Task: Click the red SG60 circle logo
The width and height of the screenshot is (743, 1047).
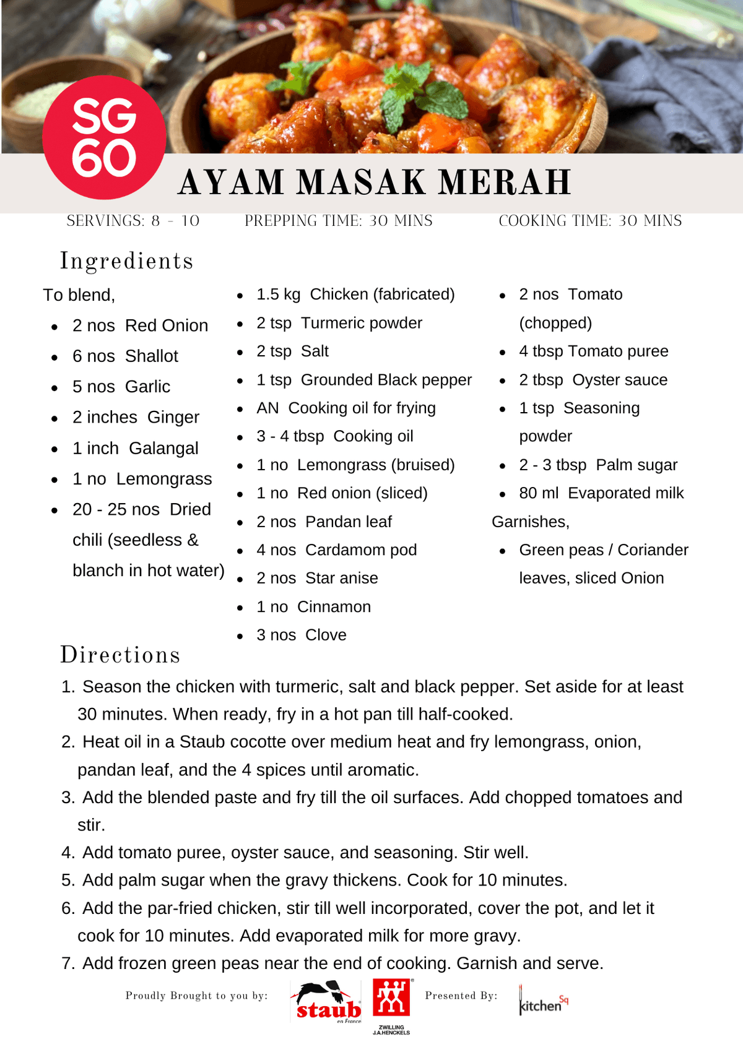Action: [x=104, y=137]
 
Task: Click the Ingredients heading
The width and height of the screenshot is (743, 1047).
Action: [x=126, y=261]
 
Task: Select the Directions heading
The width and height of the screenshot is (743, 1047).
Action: [x=120, y=655]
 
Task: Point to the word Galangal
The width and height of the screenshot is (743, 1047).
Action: [x=163, y=448]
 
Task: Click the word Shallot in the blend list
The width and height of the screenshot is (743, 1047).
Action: [x=151, y=356]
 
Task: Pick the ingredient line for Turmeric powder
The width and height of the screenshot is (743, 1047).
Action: [x=339, y=323]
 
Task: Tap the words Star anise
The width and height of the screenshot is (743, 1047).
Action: [x=342, y=578]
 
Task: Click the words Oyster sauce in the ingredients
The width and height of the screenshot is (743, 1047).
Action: [x=620, y=380]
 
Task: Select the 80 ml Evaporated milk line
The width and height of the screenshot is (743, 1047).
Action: [x=601, y=493]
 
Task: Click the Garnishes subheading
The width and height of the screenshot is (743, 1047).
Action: [x=531, y=522]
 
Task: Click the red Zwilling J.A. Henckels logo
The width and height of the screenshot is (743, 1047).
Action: [x=391, y=997]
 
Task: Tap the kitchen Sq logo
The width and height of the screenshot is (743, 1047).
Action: [x=543, y=1001]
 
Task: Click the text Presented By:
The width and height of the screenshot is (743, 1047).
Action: [x=461, y=995]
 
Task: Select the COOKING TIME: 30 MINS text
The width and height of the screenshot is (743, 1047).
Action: [x=590, y=221]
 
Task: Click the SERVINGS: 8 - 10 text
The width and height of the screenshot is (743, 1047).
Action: [x=133, y=221]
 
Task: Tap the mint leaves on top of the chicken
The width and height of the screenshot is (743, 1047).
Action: [x=421, y=93]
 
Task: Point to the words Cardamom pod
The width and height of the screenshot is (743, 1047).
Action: [x=361, y=550]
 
